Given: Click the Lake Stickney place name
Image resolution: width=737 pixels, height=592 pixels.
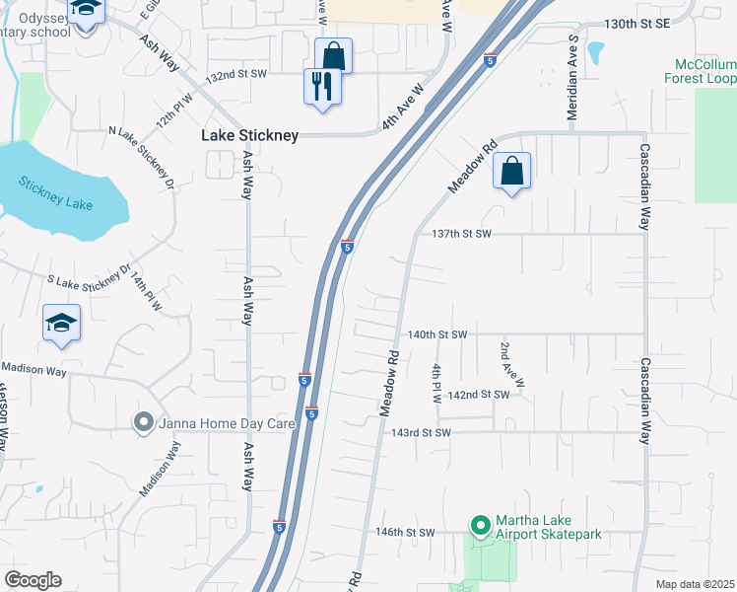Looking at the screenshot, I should click(x=249, y=136).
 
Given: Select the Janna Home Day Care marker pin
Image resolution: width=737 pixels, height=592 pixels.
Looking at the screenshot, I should click(x=143, y=423).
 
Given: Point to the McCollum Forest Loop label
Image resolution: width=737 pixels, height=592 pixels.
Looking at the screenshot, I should click(x=700, y=70).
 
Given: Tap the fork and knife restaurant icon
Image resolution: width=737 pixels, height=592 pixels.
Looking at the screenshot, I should click(x=322, y=86).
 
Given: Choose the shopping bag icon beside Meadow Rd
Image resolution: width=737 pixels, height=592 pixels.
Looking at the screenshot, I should click(x=512, y=172).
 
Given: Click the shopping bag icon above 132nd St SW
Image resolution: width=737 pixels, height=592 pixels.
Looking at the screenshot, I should click(x=333, y=56).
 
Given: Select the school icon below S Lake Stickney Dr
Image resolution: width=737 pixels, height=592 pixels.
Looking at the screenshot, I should click(x=61, y=324).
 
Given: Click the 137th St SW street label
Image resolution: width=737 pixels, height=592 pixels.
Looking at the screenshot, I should click(x=461, y=234).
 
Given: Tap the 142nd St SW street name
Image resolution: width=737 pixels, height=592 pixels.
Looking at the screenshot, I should click(x=478, y=395).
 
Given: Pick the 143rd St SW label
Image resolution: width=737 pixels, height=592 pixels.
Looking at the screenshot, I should click(x=421, y=432).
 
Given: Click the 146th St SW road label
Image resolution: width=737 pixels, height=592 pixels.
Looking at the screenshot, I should click(x=405, y=532).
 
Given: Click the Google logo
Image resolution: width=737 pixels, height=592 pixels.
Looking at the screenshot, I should click(x=33, y=580).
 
